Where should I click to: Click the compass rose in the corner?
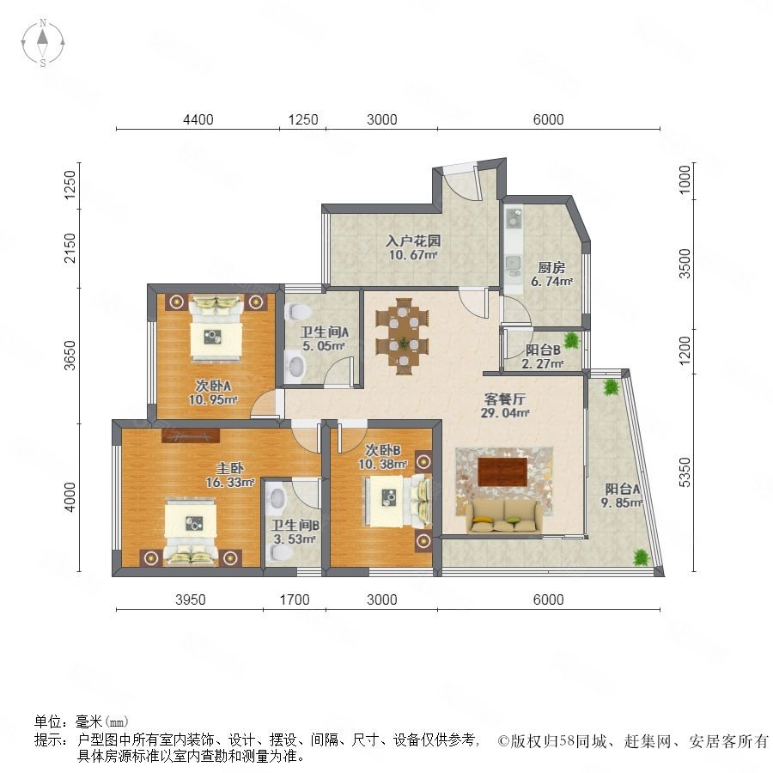43,43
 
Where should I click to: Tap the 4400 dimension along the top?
198,119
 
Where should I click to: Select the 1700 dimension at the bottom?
295,600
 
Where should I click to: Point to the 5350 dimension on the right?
685,472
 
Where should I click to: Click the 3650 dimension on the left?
70,355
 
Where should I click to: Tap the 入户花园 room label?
413,241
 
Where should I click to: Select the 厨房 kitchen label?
551,268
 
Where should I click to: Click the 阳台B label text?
542,350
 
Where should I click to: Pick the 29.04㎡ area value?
505,413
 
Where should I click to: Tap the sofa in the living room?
504,515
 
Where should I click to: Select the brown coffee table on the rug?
502,472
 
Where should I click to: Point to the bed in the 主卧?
191,532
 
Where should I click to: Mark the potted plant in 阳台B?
571,340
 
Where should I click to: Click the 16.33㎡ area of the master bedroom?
229,482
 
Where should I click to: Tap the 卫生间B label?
295,526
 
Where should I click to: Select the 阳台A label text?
622,489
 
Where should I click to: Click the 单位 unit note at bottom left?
82,721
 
